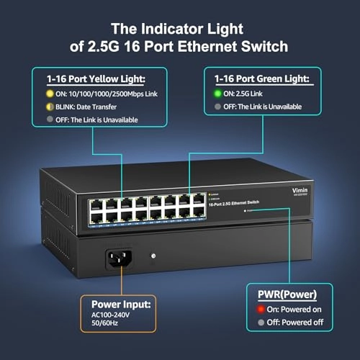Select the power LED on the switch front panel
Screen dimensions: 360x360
[247, 212]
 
